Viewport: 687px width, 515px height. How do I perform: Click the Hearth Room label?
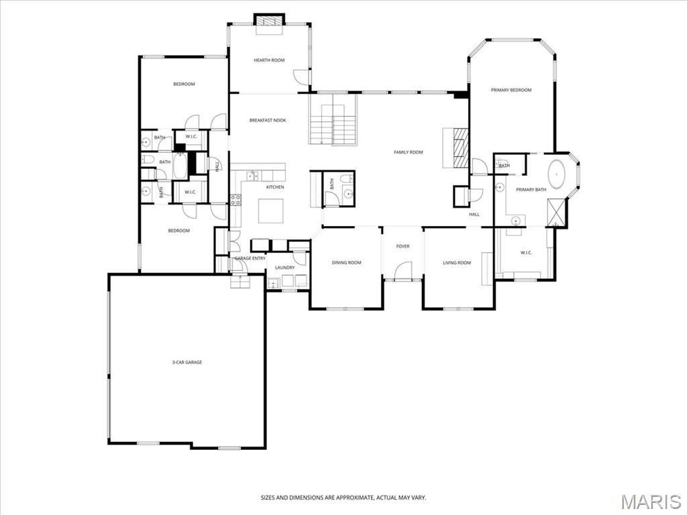[269, 60]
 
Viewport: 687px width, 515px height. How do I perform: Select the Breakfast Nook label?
[268, 121]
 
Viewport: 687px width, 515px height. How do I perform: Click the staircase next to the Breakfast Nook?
[333, 121]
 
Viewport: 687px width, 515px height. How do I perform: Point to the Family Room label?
[408, 152]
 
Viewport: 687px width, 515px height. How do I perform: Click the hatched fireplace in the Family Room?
[460, 147]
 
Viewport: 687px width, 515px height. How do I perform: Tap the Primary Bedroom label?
[511, 90]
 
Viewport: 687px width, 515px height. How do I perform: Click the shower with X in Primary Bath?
[556, 213]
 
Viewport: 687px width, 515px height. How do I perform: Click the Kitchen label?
[274, 187]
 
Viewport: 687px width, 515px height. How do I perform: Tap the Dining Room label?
[346, 263]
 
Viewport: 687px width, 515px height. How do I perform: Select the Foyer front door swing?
[403, 271]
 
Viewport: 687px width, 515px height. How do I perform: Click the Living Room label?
[457, 263]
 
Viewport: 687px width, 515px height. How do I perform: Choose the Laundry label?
[284, 268]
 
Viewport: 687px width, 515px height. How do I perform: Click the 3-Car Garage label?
[187, 362]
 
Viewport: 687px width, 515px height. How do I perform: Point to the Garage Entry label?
[250, 258]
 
